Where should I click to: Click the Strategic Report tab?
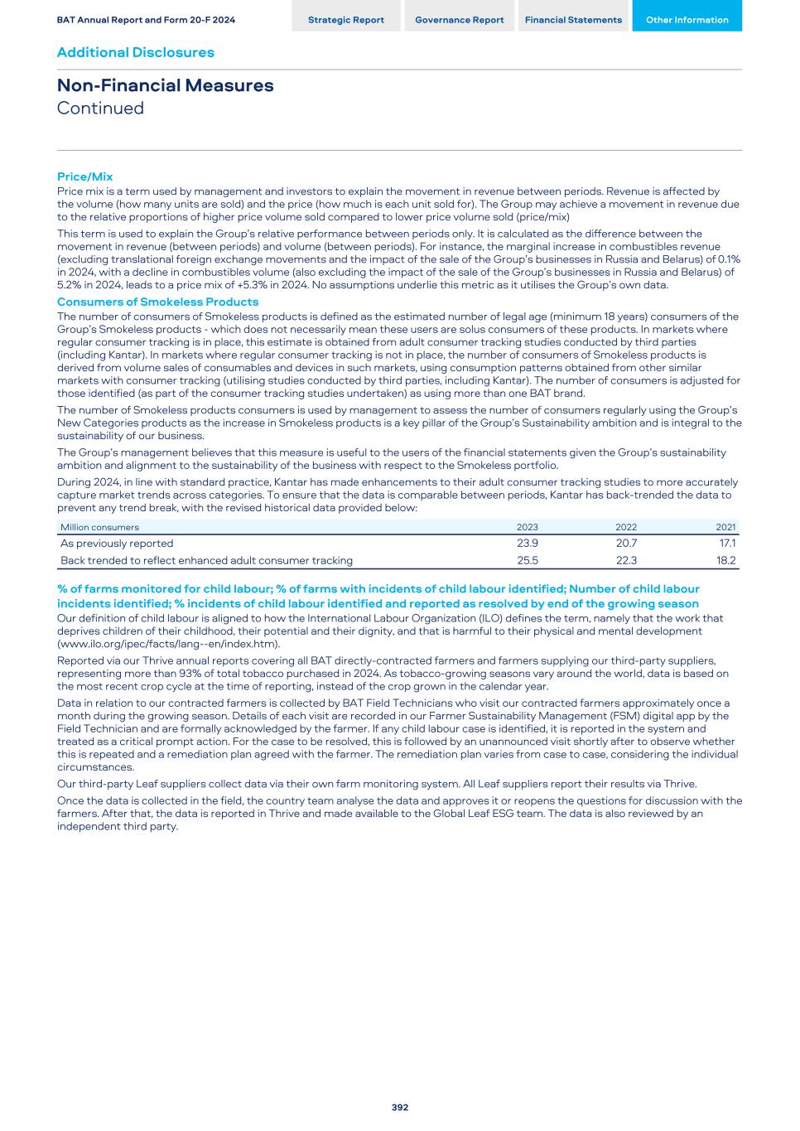[345, 20]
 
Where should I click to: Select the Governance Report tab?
[459, 20]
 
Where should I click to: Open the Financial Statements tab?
[573, 20]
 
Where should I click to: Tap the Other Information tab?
[687, 20]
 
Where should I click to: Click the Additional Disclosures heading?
[135, 52]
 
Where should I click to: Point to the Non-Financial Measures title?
[165, 85]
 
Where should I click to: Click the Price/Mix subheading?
[84, 176]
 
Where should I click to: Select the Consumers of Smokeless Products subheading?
[157, 302]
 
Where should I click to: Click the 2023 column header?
[527, 527]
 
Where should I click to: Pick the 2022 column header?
[626, 527]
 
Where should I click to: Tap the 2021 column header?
[725, 527]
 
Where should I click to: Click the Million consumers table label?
[99, 527]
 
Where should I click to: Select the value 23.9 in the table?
[527, 544]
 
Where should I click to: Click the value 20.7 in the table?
[626, 544]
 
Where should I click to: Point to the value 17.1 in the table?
[727, 544]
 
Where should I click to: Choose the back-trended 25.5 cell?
[527, 560]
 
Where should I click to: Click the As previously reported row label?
[117, 544]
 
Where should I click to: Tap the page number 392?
[400, 1107]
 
